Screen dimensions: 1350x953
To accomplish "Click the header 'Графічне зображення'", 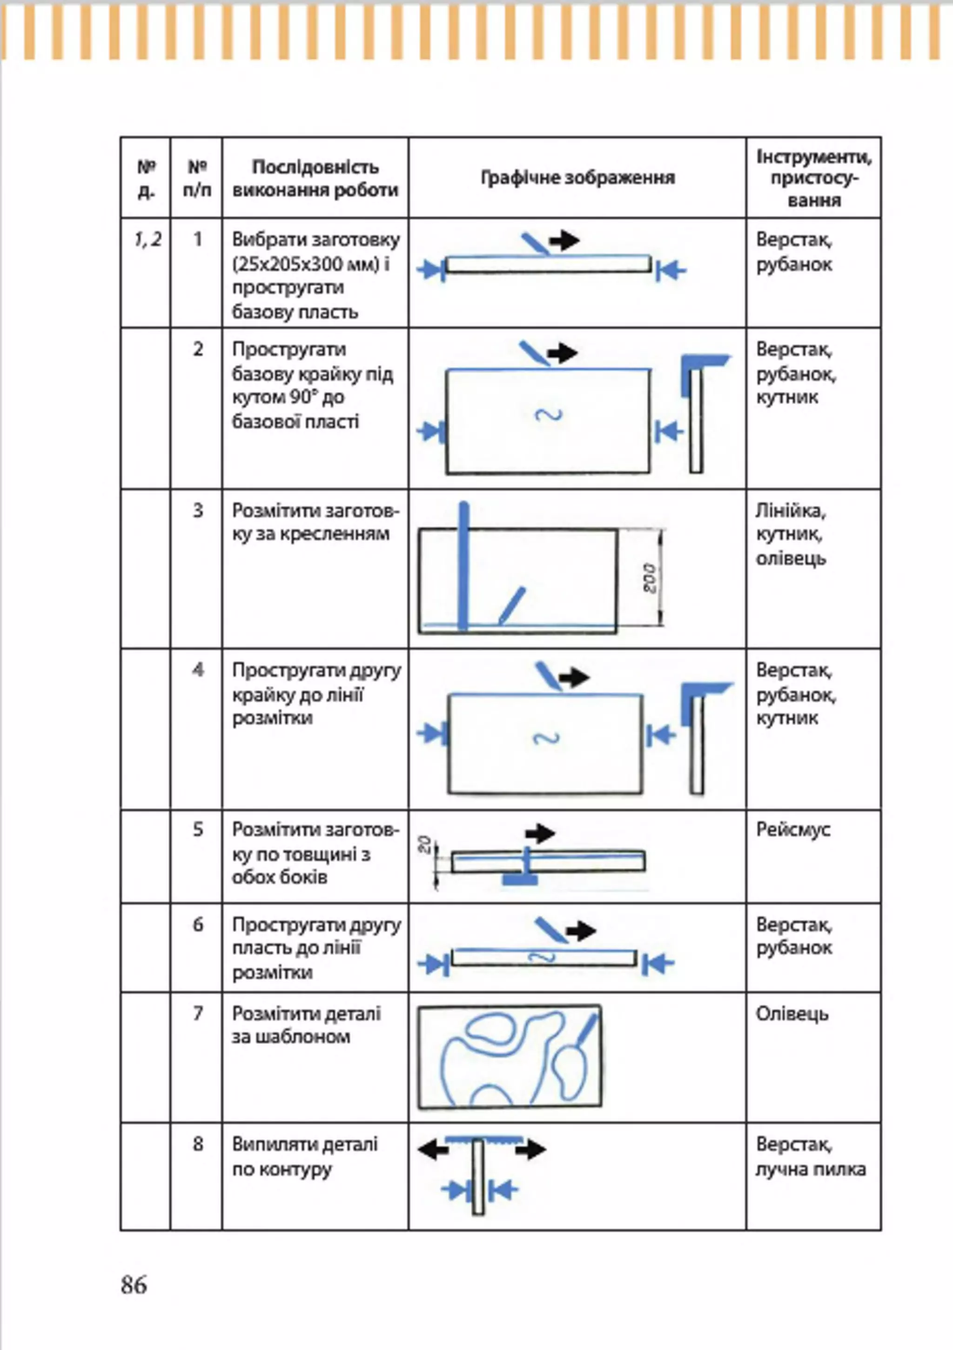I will (x=577, y=178).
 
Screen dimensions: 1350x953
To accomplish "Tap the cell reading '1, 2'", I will (x=147, y=239).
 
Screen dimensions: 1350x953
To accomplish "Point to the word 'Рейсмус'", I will (x=793, y=830).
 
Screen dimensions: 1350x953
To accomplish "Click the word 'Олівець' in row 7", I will (x=792, y=1014).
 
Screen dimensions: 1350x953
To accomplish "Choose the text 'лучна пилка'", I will (x=811, y=1170).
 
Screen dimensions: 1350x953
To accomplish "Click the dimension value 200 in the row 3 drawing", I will (x=650, y=578).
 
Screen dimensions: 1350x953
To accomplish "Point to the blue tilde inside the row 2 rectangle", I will (x=548, y=415).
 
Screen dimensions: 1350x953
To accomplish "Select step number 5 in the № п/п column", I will (x=198, y=830).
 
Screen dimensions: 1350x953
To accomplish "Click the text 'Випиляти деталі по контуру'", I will (x=305, y=1157).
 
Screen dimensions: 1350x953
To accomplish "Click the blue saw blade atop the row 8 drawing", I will (x=483, y=1139).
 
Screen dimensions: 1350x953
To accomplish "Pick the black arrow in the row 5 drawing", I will (x=540, y=833).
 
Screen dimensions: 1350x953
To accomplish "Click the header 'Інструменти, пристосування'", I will (x=813, y=178).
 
